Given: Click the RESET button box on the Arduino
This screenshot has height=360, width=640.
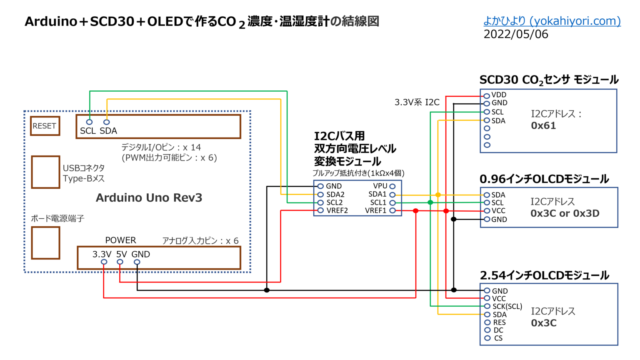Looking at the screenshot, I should click(x=45, y=126).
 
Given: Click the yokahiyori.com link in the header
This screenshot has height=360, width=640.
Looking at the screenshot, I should click(x=552, y=21).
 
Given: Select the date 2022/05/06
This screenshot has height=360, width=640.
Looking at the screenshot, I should click(x=516, y=34).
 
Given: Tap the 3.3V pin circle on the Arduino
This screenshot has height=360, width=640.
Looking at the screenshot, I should click(x=104, y=262).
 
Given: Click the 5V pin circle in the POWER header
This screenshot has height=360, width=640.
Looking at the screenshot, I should click(x=120, y=262).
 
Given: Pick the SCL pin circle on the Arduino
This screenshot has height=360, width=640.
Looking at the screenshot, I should click(x=89, y=122).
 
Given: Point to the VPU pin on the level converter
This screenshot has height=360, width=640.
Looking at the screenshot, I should click(x=392, y=186).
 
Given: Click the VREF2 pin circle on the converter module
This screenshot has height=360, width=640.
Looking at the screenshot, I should click(x=320, y=210).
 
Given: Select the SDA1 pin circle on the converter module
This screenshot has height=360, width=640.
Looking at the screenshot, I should click(x=392, y=195).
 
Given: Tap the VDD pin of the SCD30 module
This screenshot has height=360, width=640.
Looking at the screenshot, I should click(x=487, y=96).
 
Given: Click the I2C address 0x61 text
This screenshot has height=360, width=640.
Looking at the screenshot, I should click(x=543, y=126).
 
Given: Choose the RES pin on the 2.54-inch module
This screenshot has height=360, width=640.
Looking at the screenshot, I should click(x=487, y=322).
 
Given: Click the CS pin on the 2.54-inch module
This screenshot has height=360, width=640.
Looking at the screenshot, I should click(x=487, y=338).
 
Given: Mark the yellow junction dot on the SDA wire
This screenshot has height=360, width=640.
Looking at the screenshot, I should click(x=438, y=195).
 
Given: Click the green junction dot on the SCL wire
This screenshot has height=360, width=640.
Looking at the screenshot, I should click(x=430, y=202).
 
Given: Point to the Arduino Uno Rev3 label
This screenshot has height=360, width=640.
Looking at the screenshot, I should click(x=149, y=197).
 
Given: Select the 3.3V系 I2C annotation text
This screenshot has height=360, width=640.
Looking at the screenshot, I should click(x=417, y=102).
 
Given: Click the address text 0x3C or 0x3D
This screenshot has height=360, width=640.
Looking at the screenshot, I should click(x=565, y=213).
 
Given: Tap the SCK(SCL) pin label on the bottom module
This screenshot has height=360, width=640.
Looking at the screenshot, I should click(x=507, y=306).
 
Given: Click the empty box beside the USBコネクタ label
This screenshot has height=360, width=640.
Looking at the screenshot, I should click(x=45, y=172).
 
